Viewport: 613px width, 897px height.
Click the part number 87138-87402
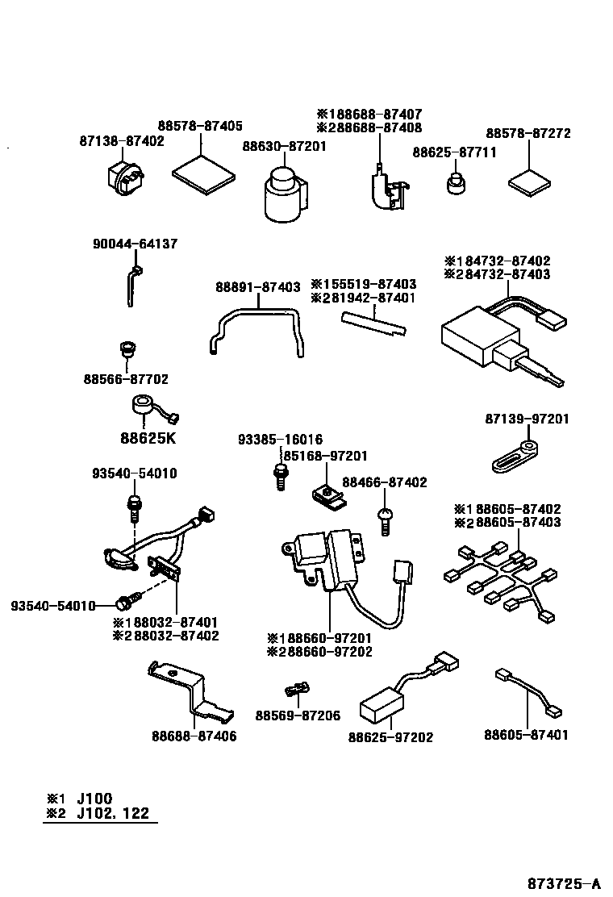(122, 140)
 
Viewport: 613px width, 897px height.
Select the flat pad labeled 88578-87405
(205, 173)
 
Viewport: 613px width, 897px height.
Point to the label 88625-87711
(454, 152)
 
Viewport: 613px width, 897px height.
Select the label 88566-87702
(126, 378)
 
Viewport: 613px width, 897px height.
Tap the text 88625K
(148, 439)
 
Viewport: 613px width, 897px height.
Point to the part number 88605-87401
(527, 735)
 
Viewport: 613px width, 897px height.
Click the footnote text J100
(95, 797)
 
